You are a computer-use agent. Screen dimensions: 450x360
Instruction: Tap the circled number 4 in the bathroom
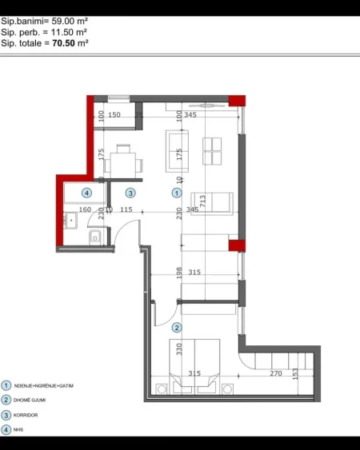(87, 192)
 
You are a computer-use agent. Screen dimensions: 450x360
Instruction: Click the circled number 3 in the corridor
(130, 192)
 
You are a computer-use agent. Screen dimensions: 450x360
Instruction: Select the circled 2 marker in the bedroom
(178, 327)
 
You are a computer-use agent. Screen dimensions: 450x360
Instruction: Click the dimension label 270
(275, 373)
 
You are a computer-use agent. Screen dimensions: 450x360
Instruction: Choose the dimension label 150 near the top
(114, 116)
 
